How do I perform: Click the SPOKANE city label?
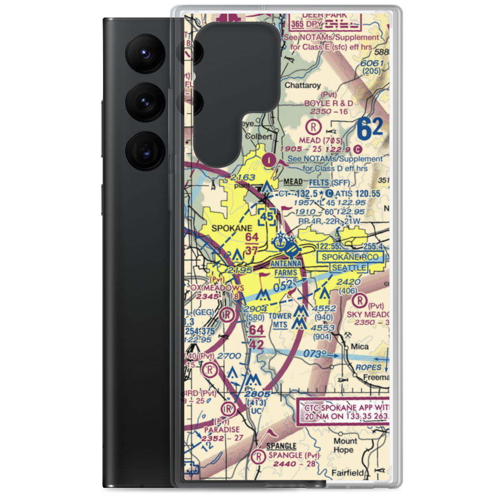pos(225,228)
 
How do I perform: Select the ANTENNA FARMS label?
pos(285,268)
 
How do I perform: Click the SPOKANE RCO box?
pos(352,257)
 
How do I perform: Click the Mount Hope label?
pos(345,445)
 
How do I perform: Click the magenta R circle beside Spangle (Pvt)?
pos(259,456)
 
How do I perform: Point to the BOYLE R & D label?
pos(328,103)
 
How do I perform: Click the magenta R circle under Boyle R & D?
pos(314,124)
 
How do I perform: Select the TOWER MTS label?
pos(280,320)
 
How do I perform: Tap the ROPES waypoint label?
pos(368,367)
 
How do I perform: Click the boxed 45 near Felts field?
pos(267,217)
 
